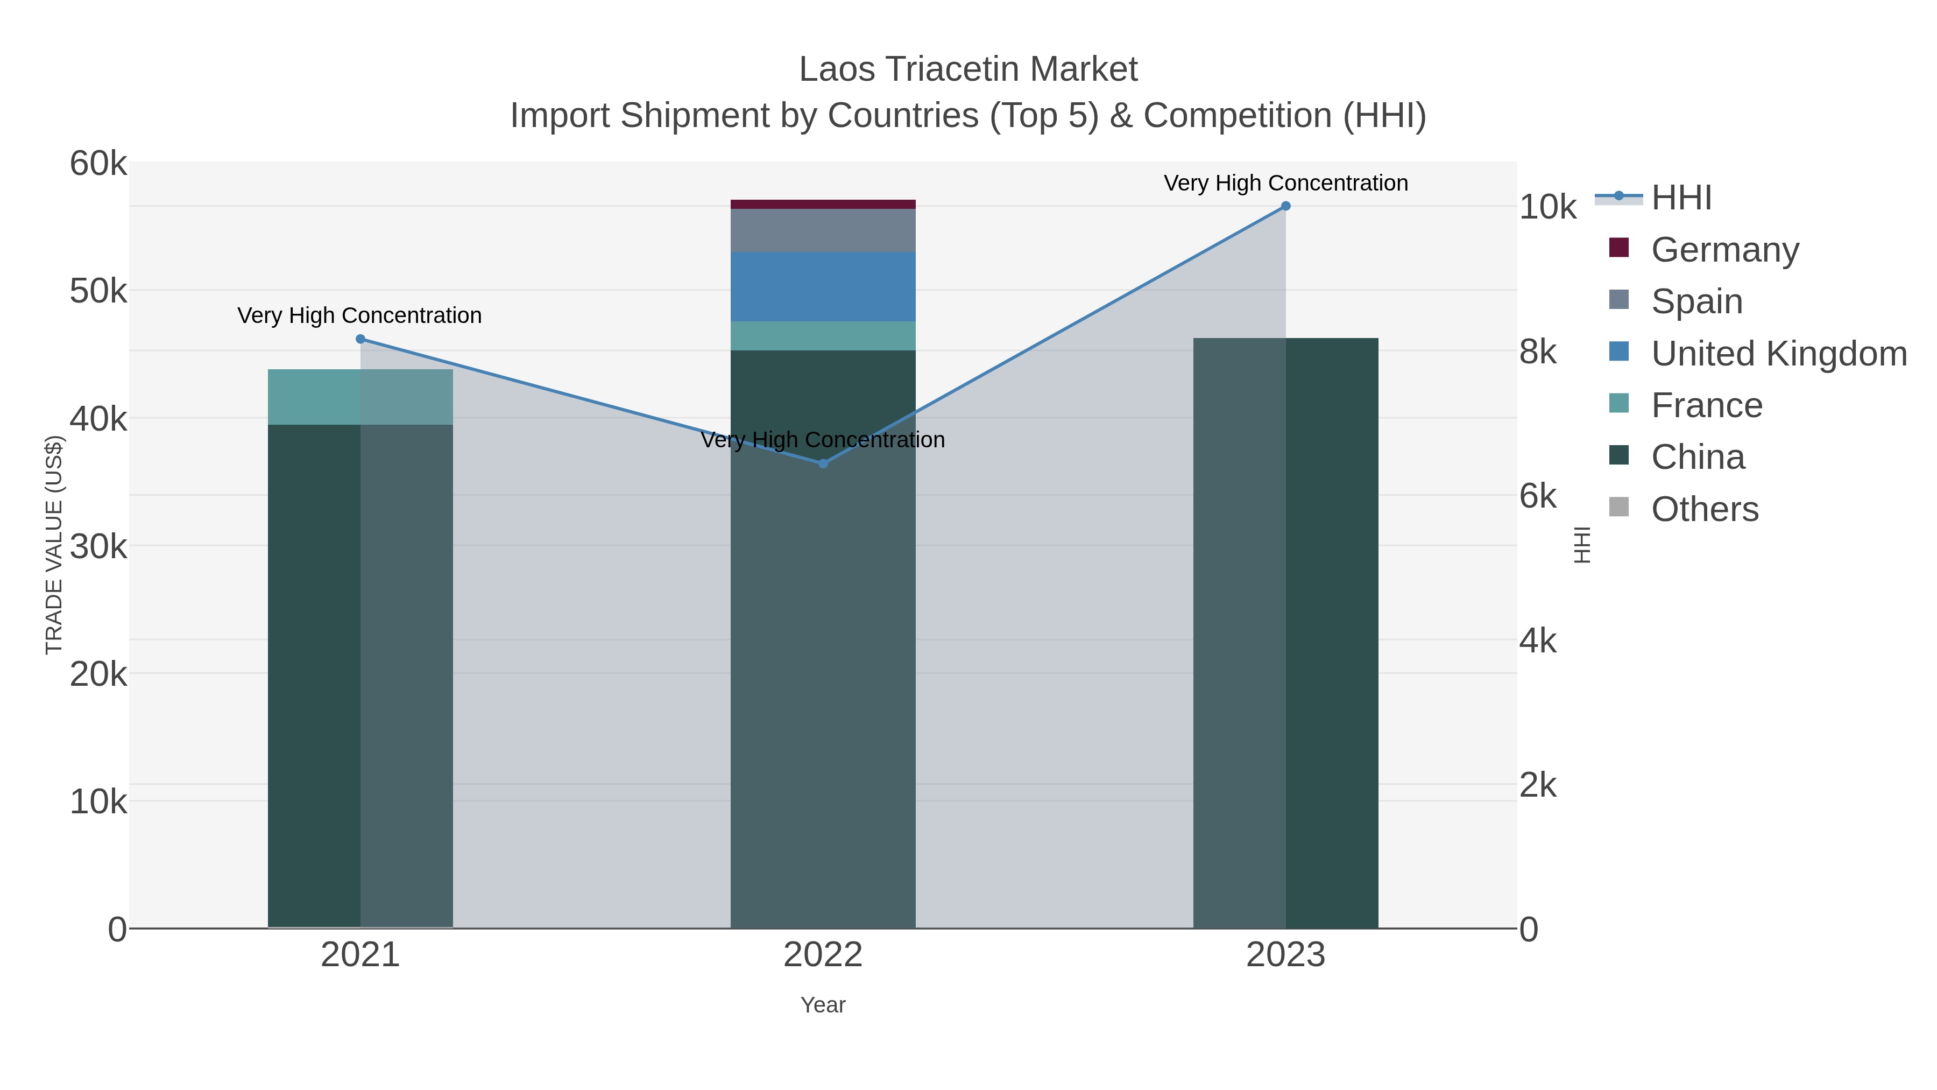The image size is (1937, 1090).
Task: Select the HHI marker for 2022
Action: click(x=823, y=463)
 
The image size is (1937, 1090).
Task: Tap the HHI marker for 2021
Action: click(x=360, y=339)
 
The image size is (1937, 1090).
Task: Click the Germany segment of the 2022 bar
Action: click(x=823, y=204)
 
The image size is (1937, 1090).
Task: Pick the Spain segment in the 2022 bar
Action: click(x=823, y=230)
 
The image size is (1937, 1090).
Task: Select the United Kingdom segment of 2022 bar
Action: click(x=823, y=286)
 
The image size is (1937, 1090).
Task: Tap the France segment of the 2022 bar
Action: click(x=823, y=335)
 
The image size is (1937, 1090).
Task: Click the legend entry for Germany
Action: click(x=1724, y=249)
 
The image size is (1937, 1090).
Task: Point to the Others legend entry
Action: click(x=1704, y=509)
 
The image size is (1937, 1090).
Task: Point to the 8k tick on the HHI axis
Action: click(x=1538, y=351)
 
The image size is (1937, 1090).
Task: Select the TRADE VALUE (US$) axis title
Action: click(x=54, y=545)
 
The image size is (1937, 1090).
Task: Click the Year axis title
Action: click(x=823, y=1005)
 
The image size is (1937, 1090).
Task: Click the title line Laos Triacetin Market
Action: click(x=968, y=69)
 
